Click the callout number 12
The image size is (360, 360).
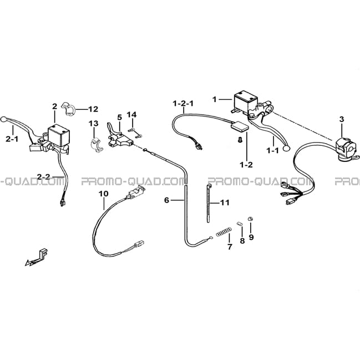pyautogui.click(x=93, y=109)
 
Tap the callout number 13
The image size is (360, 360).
pyautogui.click(x=94, y=124)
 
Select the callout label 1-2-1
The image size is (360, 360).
pyautogui.click(x=183, y=104)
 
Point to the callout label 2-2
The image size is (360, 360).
pyautogui.click(x=43, y=177)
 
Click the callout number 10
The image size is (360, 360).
pyautogui.click(x=104, y=194)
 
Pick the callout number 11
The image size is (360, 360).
pyautogui.click(x=225, y=202)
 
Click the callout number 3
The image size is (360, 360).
pyautogui.click(x=342, y=119)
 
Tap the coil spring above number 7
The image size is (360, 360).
pyautogui.click(x=224, y=231)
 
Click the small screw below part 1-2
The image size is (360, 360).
pyautogui.click(x=240, y=140)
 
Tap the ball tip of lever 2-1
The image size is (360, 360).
pyautogui.click(x=3, y=119)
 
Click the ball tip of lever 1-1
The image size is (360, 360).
pyautogui.click(x=286, y=149)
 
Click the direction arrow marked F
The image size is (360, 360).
pyautogui.click(x=37, y=257)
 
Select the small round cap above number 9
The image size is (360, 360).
pyautogui.click(x=250, y=219)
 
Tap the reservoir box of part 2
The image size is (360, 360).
pyautogui.click(x=59, y=135)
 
